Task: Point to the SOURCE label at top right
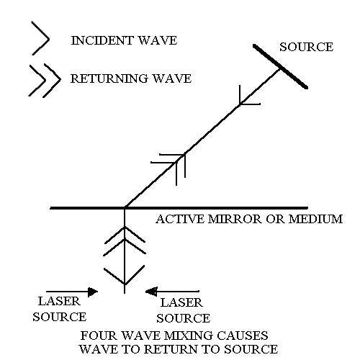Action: pos(307,47)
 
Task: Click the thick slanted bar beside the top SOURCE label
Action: pos(280,66)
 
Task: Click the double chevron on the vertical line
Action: pos(125,240)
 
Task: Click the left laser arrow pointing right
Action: pos(72,292)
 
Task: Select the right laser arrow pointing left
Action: pos(172,292)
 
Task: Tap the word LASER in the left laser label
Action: pos(59,302)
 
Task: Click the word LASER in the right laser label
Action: pos(181,302)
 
